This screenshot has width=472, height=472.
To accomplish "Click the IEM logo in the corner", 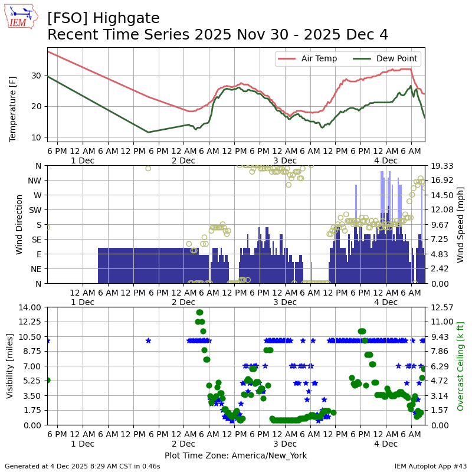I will [21, 17].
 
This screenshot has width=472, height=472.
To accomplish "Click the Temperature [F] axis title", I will [13, 95].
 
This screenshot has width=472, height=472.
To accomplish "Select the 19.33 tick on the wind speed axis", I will [441, 166].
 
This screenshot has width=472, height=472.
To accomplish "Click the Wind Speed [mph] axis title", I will [461, 224].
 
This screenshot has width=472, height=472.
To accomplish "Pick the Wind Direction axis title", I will [19, 224].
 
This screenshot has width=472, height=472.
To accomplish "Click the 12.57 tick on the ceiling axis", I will [441, 307].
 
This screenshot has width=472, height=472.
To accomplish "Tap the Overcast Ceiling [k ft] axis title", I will [461, 366].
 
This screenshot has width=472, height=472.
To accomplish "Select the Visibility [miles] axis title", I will [10, 366].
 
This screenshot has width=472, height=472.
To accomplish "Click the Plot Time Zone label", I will [235, 455].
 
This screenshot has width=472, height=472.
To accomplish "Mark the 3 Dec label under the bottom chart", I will [285, 444].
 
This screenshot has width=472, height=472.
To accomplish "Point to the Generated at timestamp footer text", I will [83, 466].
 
